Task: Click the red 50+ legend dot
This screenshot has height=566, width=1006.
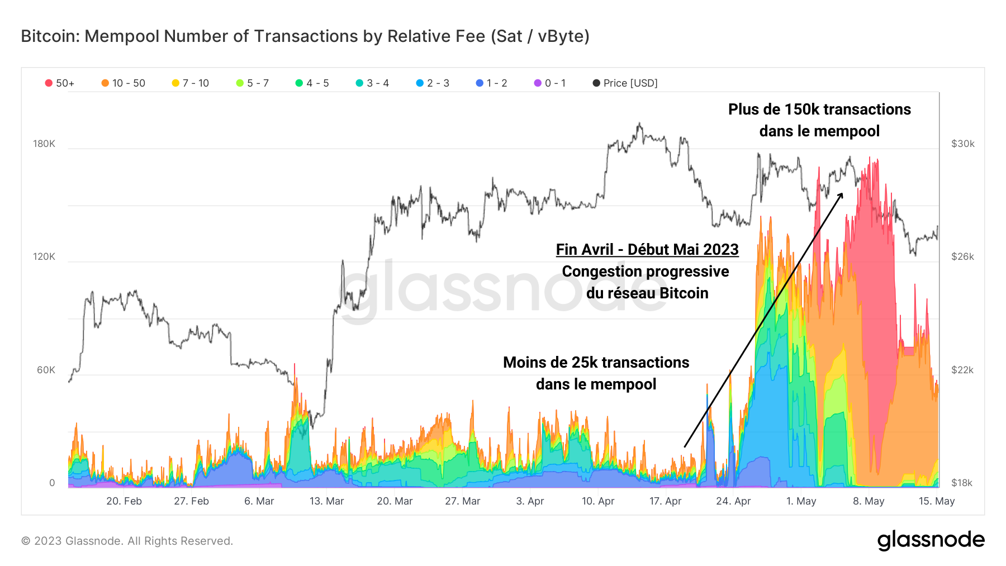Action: coord(49,83)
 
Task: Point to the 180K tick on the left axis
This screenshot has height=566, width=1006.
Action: coord(44,144)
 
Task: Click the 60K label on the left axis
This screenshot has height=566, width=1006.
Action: coord(46,370)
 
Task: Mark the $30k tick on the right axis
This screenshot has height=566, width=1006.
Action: coord(962,144)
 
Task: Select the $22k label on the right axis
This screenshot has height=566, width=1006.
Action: coord(962,370)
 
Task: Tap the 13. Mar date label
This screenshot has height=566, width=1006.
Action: coord(326,501)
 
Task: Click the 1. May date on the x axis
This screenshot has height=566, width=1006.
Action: coord(801,501)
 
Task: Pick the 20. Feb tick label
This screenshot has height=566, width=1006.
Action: coord(124,501)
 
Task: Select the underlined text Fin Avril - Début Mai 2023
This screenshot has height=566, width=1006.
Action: coord(647,249)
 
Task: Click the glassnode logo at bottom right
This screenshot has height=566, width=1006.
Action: coord(931,540)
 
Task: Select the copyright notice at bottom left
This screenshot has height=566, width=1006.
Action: coord(127,541)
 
